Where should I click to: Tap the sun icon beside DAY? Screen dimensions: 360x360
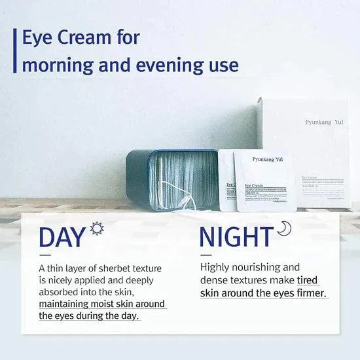98,228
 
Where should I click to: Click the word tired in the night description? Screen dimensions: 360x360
308,280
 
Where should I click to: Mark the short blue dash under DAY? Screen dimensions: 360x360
45,255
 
